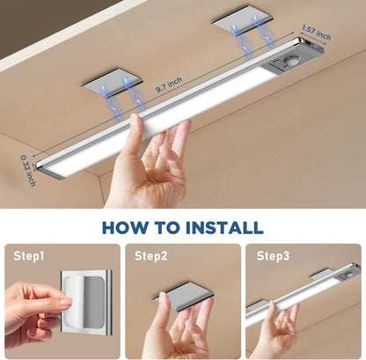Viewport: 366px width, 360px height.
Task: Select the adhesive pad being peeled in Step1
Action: tap(88, 299)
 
